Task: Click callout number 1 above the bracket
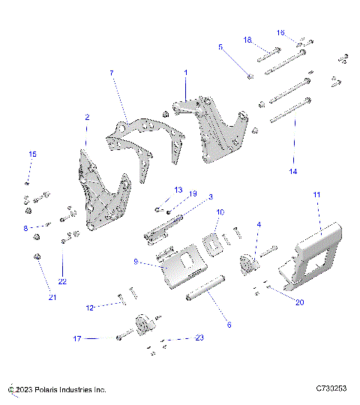(186, 73)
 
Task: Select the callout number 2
(87, 118)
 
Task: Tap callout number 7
(112, 73)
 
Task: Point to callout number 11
(316, 194)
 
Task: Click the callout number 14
(292, 171)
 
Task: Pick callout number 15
(32, 154)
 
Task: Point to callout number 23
(199, 338)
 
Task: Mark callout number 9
(136, 262)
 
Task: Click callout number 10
(220, 212)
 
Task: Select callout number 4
(259, 224)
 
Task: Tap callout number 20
(300, 302)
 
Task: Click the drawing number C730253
(331, 389)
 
